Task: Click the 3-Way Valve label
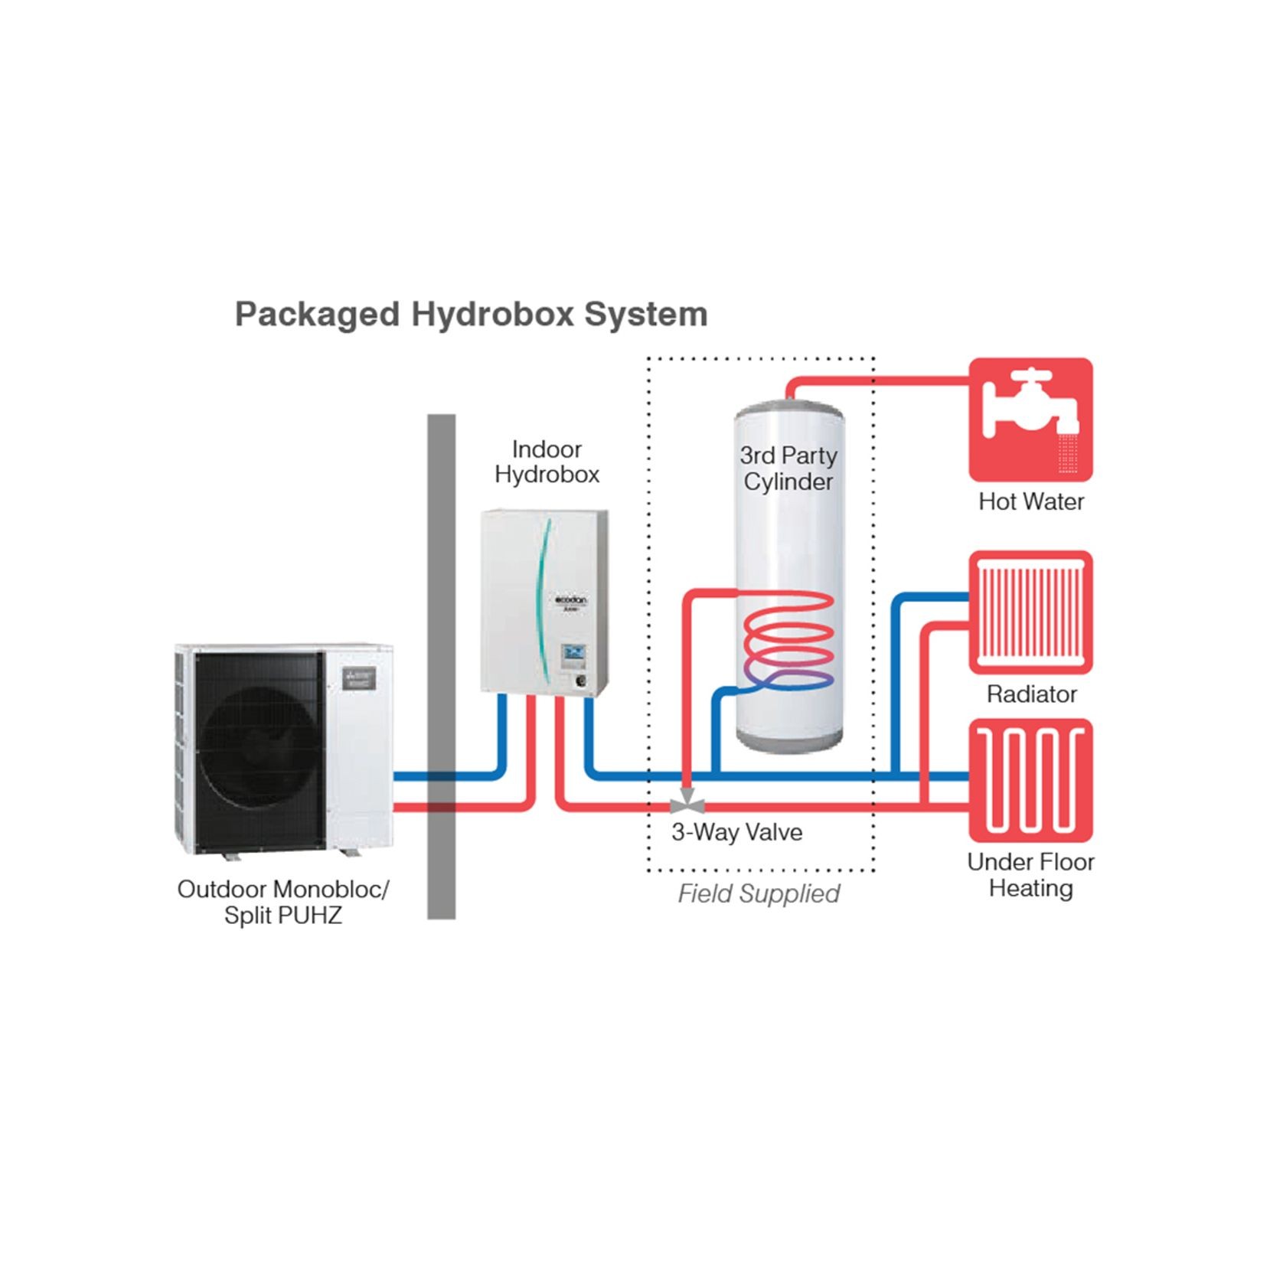(x=736, y=832)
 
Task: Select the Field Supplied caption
(x=758, y=893)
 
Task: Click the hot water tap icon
(x=1030, y=420)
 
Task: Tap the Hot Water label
(x=1030, y=501)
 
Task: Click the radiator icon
(x=1030, y=612)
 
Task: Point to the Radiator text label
(x=1030, y=694)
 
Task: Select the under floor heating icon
(x=1030, y=781)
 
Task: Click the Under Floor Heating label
(x=1030, y=875)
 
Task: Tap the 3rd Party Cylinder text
(x=788, y=468)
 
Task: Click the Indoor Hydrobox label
(x=547, y=462)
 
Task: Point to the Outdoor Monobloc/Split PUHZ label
(x=283, y=902)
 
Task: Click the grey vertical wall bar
(x=441, y=666)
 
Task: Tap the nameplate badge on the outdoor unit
(x=358, y=678)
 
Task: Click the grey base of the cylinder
(x=788, y=741)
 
